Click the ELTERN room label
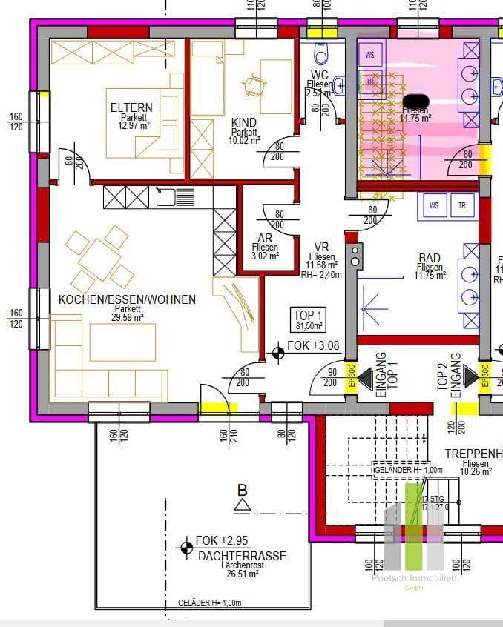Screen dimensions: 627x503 tap(131, 108)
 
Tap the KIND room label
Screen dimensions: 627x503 tap(244, 122)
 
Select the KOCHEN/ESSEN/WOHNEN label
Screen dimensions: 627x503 tap(127, 299)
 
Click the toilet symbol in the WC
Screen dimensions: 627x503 tap(321, 53)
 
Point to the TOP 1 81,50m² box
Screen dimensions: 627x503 tap(308, 319)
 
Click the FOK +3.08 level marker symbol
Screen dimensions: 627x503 tap(278, 353)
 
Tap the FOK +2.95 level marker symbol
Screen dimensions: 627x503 tap(185, 548)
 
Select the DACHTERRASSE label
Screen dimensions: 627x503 tap(242, 556)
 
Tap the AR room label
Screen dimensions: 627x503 tap(265, 238)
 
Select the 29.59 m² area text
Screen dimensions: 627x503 tap(128, 317)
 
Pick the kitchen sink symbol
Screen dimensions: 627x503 tap(175, 196)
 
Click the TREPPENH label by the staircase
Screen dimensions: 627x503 tap(473, 453)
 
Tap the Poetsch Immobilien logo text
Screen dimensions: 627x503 tap(414, 578)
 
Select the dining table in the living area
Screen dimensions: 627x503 tap(99, 259)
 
